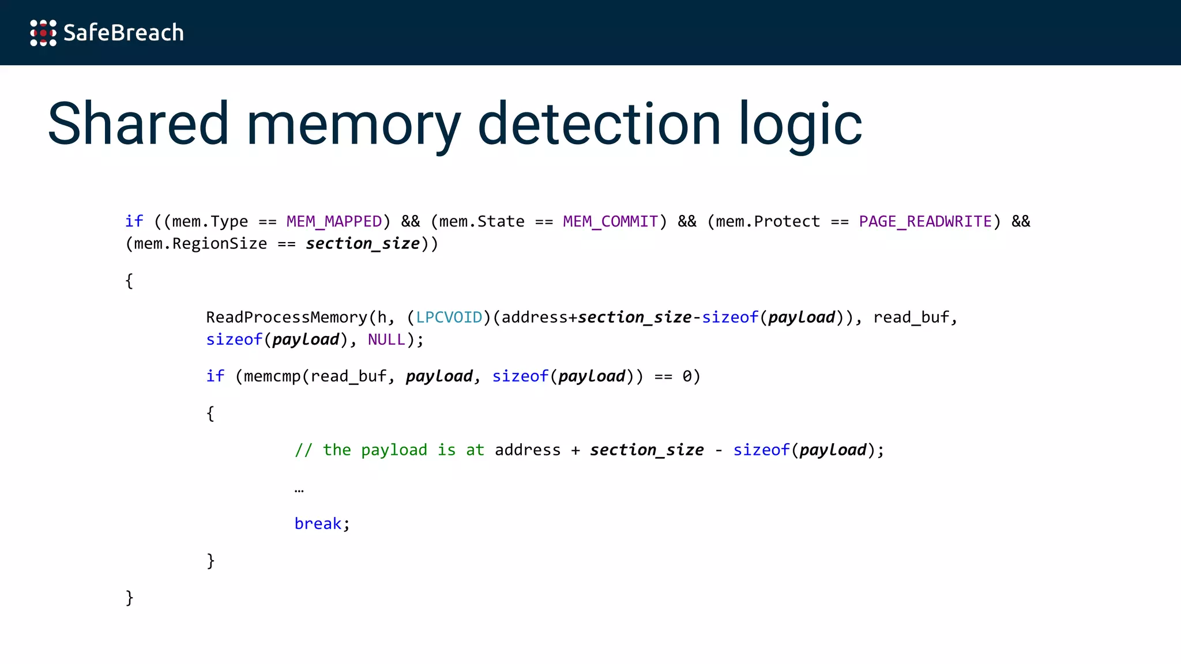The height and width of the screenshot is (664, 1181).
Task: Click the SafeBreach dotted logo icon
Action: tap(43, 33)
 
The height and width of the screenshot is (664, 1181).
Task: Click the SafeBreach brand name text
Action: tap(123, 33)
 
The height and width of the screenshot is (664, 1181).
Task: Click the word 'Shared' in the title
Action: tap(138, 123)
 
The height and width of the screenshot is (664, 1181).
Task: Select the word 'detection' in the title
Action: tap(599, 123)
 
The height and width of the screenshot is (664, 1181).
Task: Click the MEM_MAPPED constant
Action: tap(334, 221)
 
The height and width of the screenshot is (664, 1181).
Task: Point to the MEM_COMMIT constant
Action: tap(610, 221)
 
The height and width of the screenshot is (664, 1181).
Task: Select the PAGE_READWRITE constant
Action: tap(925, 221)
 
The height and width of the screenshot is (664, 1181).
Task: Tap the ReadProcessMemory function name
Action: tap(287, 317)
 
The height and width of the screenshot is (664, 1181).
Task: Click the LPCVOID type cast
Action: tap(449, 317)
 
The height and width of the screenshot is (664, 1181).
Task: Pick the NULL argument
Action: tap(386, 339)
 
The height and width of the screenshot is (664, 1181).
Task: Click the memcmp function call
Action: tap(272, 376)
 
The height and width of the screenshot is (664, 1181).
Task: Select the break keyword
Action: tap(318, 523)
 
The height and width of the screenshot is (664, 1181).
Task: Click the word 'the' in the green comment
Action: tap(337, 450)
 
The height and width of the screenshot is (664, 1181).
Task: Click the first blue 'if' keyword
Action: tap(134, 221)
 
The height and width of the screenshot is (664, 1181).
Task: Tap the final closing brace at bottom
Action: tap(130, 597)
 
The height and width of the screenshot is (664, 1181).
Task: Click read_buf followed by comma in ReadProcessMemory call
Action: tap(912, 317)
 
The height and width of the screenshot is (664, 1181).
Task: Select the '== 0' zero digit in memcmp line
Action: tap(687, 376)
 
